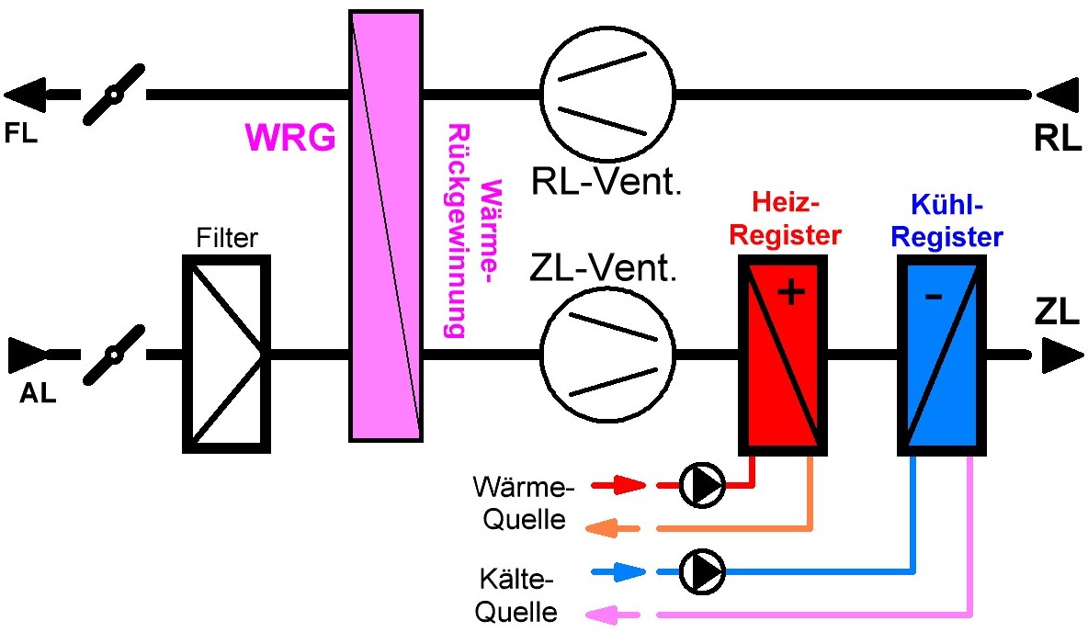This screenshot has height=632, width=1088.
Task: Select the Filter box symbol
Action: (226, 354)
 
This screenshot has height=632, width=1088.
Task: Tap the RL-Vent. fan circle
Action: (606, 93)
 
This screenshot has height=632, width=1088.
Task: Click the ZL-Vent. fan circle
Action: (606, 354)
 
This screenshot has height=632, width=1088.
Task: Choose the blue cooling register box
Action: (942, 355)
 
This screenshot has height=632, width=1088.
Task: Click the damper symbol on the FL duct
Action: (114, 94)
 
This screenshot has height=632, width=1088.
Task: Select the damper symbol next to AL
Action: (114, 354)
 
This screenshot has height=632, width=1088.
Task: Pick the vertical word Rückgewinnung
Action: (455, 230)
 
